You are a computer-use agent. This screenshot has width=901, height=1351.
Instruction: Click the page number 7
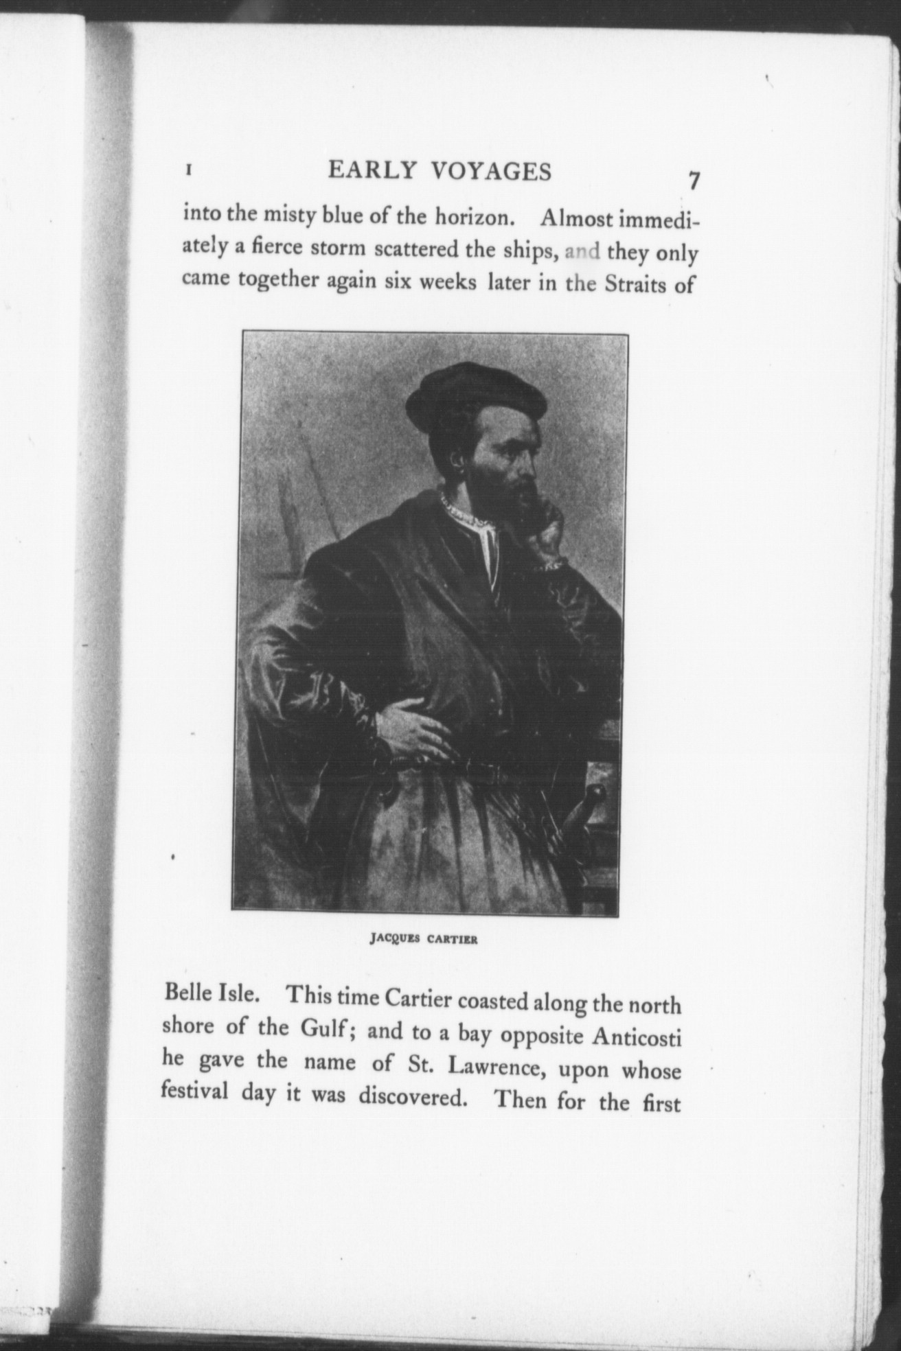[694, 181]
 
